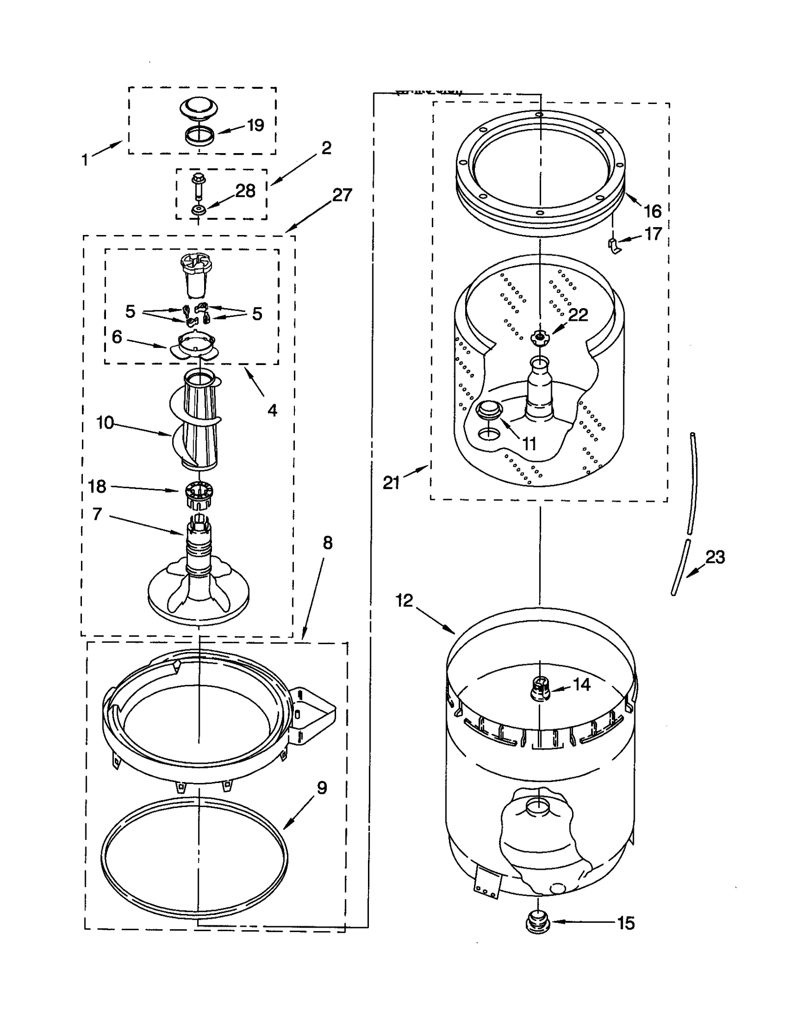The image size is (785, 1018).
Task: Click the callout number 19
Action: (255, 125)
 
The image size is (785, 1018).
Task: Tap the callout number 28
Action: (245, 191)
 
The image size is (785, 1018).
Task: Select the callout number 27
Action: (342, 195)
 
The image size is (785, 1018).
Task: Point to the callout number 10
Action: (105, 422)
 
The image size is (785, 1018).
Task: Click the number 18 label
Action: (97, 486)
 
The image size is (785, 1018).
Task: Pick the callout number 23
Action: (715, 557)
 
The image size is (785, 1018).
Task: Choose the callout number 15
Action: (626, 923)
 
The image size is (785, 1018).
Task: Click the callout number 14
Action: (581, 684)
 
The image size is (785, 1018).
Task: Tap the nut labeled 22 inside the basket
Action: (540, 337)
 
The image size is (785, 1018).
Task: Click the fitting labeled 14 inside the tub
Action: (540, 689)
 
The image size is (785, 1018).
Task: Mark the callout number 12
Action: (404, 600)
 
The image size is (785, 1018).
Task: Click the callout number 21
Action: (391, 483)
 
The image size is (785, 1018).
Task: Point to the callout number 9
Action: (321, 788)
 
